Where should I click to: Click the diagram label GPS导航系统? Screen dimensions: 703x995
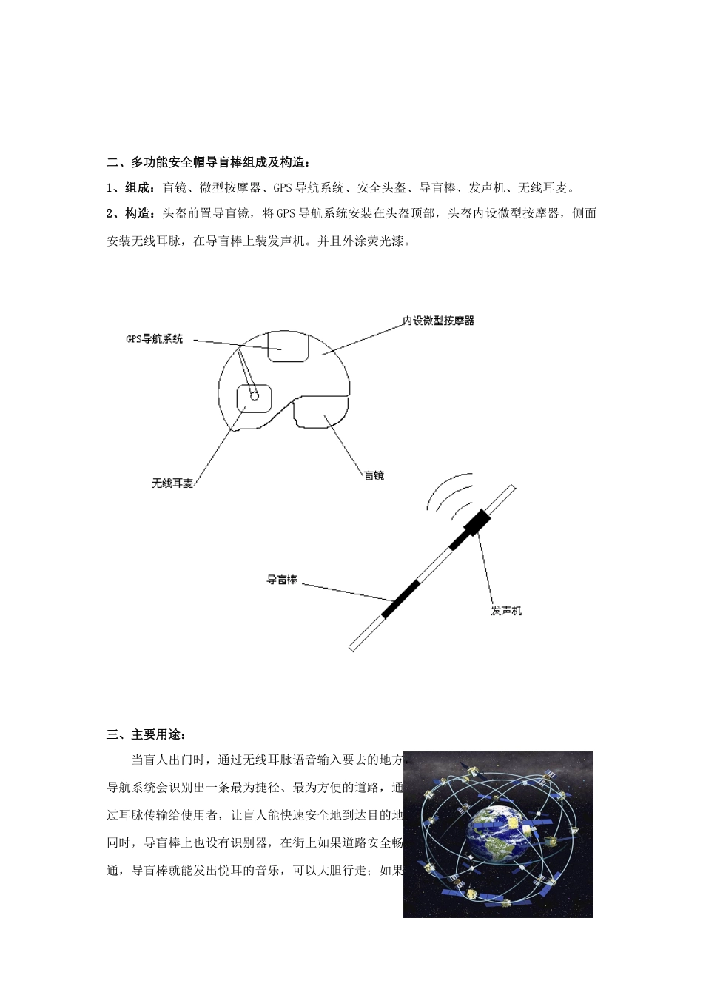[x=153, y=339]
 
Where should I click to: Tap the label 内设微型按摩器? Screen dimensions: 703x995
[x=438, y=321]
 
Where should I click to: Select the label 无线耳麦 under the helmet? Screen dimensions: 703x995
[x=172, y=483]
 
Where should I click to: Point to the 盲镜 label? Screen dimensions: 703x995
[x=374, y=475]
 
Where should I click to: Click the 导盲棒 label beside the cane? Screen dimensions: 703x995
[x=282, y=580]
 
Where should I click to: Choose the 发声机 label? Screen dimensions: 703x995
[x=506, y=611]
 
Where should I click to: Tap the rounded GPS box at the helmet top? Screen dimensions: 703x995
[x=288, y=347]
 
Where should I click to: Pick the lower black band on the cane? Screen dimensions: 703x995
[x=400, y=598]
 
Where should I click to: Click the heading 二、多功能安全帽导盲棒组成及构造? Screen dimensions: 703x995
[x=209, y=162]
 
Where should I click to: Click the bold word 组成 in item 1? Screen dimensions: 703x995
[x=141, y=188]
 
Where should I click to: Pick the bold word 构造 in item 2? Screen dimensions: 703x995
[x=141, y=214]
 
